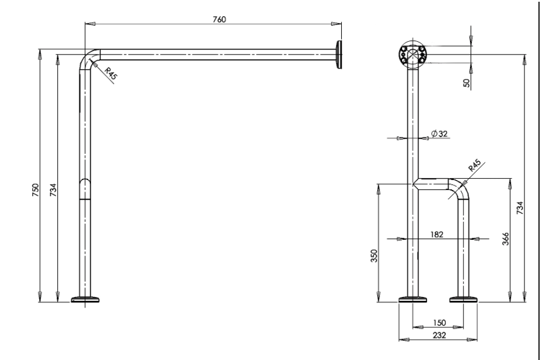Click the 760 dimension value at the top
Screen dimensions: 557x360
(219, 19)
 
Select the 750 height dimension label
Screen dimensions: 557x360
(36, 190)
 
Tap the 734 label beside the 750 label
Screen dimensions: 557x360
(53, 190)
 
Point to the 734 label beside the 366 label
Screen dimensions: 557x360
(520, 207)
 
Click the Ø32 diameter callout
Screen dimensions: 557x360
(439, 134)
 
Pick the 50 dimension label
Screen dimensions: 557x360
(466, 83)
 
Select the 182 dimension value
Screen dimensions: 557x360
(436, 234)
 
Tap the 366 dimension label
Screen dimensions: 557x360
(505, 239)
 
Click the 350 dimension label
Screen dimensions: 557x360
(374, 256)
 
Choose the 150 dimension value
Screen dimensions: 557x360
(439, 323)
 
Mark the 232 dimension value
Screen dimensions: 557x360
(439, 335)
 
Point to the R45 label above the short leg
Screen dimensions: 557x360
(474, 165)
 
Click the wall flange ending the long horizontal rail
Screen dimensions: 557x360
(338, 55)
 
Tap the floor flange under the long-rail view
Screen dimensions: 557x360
(85, 300)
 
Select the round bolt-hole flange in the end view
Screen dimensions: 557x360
(413, 55)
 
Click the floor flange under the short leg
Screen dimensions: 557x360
(464, 300)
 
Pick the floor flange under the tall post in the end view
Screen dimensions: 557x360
(413, 300)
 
